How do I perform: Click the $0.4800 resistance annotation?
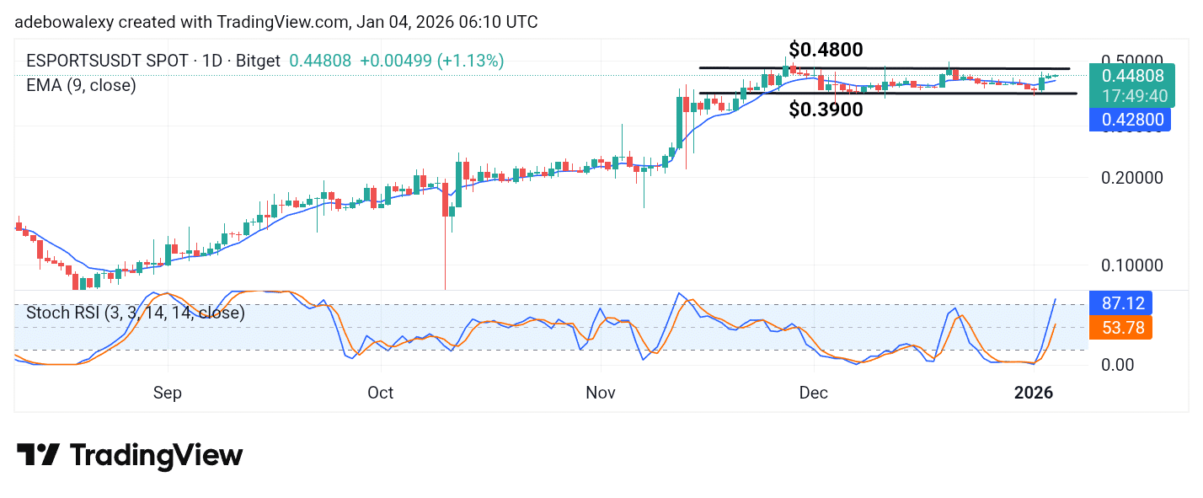825,50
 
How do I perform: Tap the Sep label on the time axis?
168,393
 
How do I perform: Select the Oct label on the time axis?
381,393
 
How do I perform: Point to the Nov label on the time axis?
601,393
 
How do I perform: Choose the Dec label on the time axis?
814,393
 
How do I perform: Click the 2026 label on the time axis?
1034,393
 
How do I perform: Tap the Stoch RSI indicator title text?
135,313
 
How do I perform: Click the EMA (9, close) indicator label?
81,85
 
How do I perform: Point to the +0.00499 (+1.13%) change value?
431,61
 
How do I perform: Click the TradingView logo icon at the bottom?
38,456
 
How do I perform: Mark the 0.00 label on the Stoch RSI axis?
1118,364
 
